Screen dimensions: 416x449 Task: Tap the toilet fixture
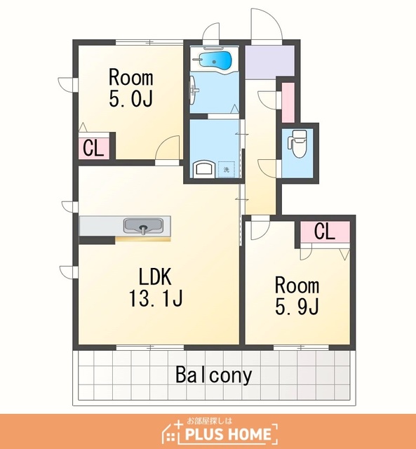pyautogui.click(x=297, y=143)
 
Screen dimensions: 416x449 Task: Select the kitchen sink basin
pyautogui.click(x=143, y=226)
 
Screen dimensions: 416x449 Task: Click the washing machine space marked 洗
pyautogui.click(x=226, y=170)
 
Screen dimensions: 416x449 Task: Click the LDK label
pyautogui.click(x=155, y=276)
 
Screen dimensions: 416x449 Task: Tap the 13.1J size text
pyautogui.click(x=156, y=298)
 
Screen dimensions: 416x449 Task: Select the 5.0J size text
pyautogui.click(x=130, y=98)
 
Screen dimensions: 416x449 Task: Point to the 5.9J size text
pyautogui.click(x=297, y=307)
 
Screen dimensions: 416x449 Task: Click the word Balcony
pyautogui.click(x=214, y=375)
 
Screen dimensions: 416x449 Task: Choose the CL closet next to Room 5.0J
pyautogui.click(x=93, y=148)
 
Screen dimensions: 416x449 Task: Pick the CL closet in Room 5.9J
pyautogui.click(x=325, y=232)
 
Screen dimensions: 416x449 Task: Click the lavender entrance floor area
pyautogui.click(x=269, y=62)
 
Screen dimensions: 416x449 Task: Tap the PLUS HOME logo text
pyautogui.click(x=228, y=434)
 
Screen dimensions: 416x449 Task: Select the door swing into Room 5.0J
pyautogui.click(x=167, y=147)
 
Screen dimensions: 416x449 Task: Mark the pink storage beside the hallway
pyautogui.click(x=288, y=102)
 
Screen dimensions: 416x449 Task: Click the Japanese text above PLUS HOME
pyautogui.click(x=210, y=421)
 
